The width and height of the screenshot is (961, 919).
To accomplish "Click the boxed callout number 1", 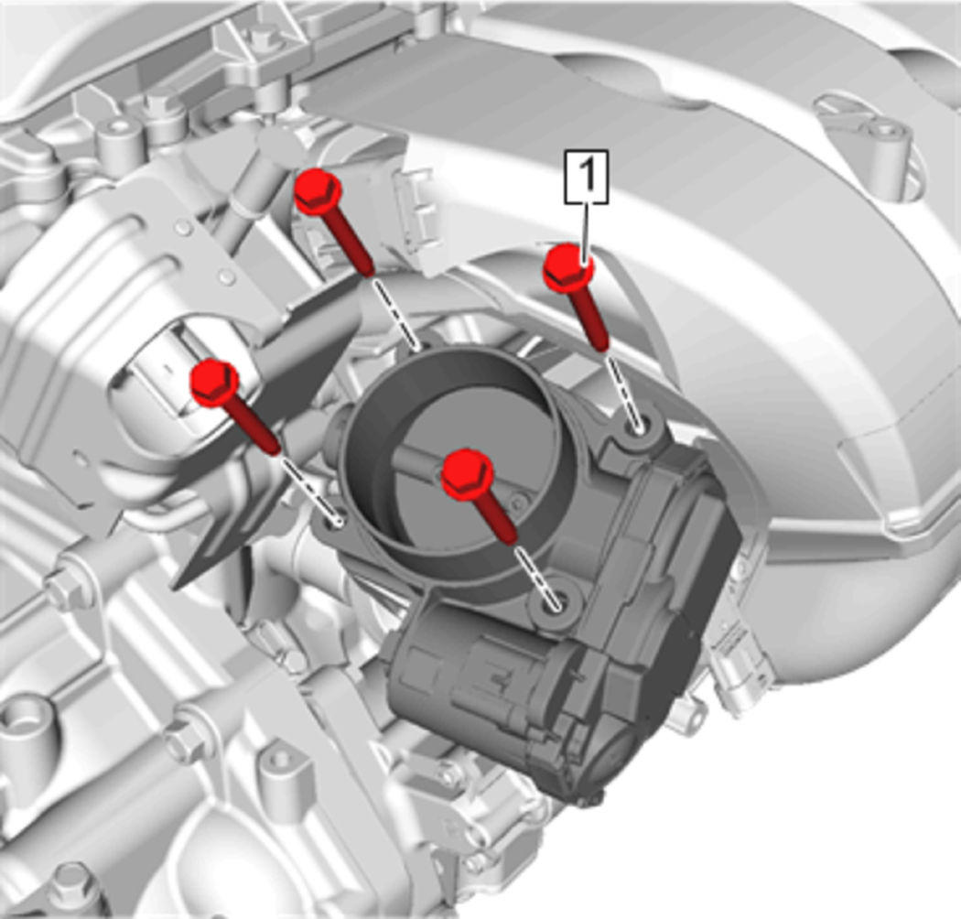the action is click(587, 176).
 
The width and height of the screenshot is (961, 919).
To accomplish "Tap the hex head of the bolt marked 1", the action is click(568, 267).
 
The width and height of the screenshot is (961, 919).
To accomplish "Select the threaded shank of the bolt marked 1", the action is click(591, 318).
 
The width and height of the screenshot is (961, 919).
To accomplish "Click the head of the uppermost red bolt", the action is click(318, 189).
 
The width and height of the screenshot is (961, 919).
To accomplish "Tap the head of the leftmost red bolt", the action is click(214, 383).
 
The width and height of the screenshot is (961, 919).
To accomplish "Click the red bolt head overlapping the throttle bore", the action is click(467, 473).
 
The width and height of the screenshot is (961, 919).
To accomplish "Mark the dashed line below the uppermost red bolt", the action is click(396, 312).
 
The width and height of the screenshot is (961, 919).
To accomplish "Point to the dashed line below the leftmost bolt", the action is click(309, 487).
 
